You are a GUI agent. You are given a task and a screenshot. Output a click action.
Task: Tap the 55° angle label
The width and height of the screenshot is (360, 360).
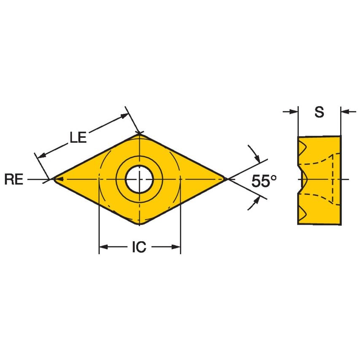point(264,181)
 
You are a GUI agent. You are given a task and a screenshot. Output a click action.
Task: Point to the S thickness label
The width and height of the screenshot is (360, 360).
point(320,112)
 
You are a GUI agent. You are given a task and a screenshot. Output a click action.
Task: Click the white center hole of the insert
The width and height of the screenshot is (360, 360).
point(139,179)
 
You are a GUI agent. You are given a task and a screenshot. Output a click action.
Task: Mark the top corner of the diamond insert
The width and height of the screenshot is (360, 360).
point(140,134)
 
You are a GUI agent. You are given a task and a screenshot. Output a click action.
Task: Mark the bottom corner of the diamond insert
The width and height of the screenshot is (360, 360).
point(140,224)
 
